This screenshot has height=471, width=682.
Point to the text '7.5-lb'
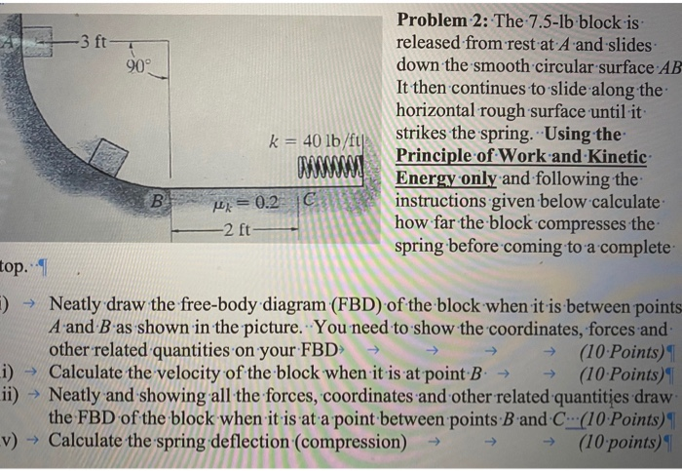pos(558,21)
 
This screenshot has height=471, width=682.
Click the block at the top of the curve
pos(37,43)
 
